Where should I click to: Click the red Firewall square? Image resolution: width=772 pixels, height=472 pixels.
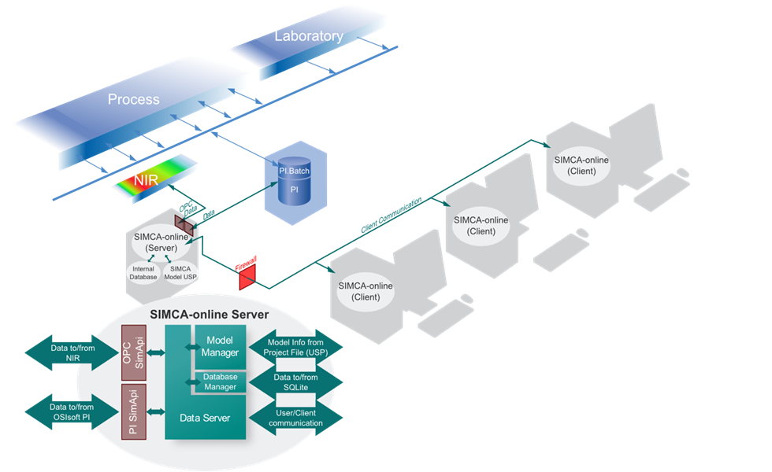[247, 277]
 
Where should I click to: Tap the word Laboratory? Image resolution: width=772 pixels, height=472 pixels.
[309, 36]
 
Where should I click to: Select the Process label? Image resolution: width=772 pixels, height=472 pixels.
[133, 99]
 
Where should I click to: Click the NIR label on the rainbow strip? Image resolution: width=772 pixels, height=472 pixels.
[147, 180]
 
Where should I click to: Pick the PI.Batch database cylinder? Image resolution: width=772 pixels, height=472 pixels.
[295, 180]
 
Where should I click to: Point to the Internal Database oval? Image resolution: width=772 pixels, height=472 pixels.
[143, 273]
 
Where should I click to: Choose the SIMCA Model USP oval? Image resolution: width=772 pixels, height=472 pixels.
[180, 273]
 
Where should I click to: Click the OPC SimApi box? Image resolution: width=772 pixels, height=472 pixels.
[134, 352]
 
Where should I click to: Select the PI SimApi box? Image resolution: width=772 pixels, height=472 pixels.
[134, 412]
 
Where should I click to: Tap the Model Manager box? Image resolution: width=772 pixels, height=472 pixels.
[220, 347]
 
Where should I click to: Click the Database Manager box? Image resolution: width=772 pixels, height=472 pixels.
[220, 382]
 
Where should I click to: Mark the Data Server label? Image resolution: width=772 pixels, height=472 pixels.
[205, 418]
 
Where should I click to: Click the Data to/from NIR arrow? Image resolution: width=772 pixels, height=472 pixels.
[72, 353]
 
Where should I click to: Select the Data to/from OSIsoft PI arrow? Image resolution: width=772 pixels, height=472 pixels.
[72, 412]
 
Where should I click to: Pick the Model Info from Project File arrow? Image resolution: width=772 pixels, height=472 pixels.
[295, 347]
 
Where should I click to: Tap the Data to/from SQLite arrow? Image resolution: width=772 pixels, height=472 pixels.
[295, 382]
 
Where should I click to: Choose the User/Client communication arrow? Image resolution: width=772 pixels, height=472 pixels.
[295, 418]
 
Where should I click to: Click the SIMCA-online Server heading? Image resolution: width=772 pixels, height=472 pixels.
[210, 315]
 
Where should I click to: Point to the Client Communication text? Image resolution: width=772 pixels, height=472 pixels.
[392, 215]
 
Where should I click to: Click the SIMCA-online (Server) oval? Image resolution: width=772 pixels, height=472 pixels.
[161, 242]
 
